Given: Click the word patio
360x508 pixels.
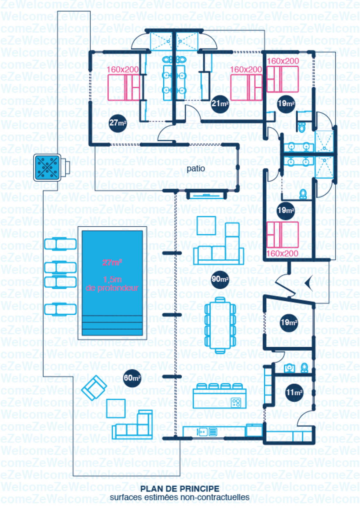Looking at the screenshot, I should tap(196, 168).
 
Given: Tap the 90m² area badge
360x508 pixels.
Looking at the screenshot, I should tap(220, 279).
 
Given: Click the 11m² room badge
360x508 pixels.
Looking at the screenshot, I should tap(294, 392).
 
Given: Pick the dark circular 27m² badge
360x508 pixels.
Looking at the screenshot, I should tap(118, 123).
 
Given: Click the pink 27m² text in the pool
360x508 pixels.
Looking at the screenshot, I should tap(112, 263).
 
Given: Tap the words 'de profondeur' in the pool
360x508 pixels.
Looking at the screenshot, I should tap(112, 288).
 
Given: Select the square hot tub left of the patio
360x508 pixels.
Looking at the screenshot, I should tap(47, 167).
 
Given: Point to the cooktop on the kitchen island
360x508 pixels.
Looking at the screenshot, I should tap(236, 403).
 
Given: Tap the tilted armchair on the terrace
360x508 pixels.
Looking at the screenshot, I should tap(93, 387).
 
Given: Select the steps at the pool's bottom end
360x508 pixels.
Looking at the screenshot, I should tap(112, 325).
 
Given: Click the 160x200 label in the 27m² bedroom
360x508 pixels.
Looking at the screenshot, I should tap(122, 69).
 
